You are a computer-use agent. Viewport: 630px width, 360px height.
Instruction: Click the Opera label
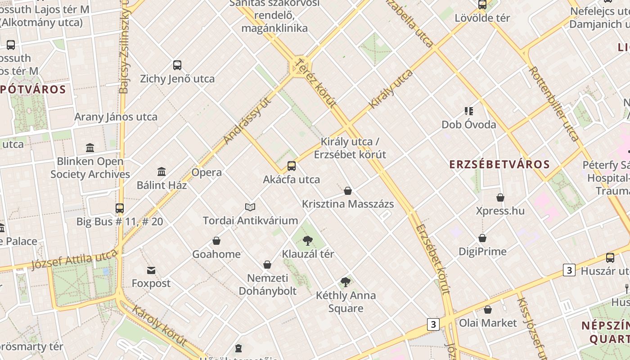[x=207, y=172]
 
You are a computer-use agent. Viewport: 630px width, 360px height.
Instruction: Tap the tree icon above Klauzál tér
[x=308, y=240]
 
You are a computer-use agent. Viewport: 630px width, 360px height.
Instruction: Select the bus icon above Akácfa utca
[x=292, y=166]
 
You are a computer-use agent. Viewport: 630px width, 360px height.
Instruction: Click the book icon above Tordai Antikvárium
[x=250, y=207]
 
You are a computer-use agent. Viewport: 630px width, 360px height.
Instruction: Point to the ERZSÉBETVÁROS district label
[x=499, y=164]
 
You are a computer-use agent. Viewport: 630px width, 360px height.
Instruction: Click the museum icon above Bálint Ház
[x=162, y=171]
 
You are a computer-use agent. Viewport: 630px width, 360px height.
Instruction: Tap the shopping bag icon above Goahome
[x=216, y=241]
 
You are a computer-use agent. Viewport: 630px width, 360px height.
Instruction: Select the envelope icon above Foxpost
[x=151, y=270]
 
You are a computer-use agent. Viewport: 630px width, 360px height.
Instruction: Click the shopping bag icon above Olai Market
[x=488, y=310]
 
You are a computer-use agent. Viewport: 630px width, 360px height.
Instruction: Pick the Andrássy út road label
[x=248, y=120]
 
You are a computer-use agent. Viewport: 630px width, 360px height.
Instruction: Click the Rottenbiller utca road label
[x=553, y=103]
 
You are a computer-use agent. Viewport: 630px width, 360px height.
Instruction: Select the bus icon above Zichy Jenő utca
[x=177, y=65]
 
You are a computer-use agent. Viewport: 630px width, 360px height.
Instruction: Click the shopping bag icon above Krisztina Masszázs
[x=348, y=191]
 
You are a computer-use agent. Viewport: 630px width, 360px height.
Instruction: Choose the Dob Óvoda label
[x=468, y=125]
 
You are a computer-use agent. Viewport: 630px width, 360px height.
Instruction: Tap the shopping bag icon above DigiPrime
[x=482, y=238]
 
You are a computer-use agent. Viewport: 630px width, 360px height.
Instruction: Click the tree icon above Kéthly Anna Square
[x=346, y=282]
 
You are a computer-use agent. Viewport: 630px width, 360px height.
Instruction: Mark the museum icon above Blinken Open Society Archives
[x=90, y=148]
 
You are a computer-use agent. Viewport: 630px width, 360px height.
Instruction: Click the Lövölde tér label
[x=482, y=18]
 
